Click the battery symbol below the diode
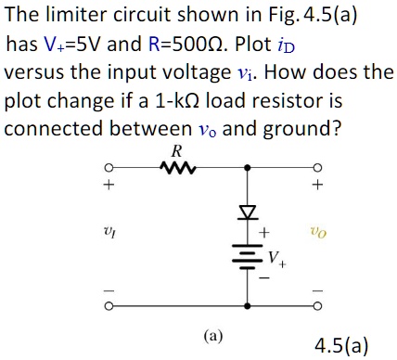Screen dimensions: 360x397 247,256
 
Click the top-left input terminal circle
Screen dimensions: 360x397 107,169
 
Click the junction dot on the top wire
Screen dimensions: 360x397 247,169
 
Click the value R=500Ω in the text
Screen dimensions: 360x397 200,44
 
